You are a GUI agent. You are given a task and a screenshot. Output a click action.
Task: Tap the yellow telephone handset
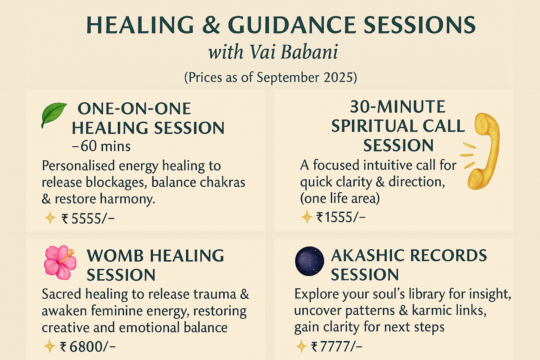click(484, 152)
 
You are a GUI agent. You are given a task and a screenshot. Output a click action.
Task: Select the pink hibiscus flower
click(60, 262)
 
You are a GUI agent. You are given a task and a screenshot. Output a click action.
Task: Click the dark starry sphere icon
click(309, 261)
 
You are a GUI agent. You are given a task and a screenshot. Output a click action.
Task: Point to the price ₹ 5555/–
click(88, 219)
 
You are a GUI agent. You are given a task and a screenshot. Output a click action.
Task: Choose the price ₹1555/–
click(341, 217)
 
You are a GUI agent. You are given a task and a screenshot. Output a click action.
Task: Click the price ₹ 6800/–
click(88, 347)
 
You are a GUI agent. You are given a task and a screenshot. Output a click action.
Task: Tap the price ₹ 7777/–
click(336, 347)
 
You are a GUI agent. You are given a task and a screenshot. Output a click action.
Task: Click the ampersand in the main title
click(211, 25)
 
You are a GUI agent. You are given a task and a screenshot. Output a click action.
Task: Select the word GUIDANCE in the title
click(292, 25)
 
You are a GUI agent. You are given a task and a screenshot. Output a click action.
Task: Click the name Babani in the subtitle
click(309, 52)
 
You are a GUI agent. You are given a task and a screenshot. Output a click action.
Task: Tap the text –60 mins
click(101, 146)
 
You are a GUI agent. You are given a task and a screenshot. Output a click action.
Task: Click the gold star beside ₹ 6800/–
click(50, 346)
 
